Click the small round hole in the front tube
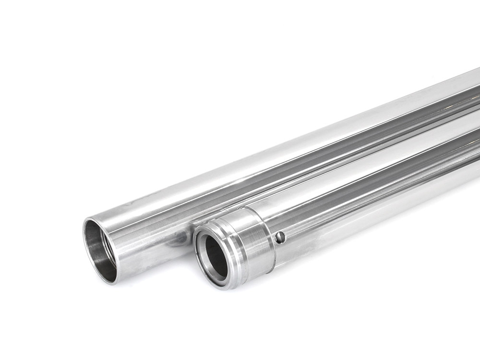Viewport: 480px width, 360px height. [x=280, y=237]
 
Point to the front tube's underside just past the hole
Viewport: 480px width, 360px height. [x=312, y=250]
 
